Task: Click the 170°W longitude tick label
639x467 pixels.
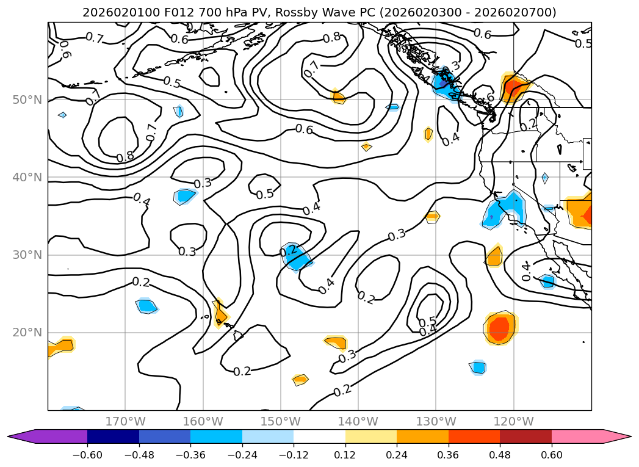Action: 125,421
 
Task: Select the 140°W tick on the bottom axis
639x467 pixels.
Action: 358,421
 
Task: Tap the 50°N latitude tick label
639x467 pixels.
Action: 26,100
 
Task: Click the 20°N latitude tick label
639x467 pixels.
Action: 26,333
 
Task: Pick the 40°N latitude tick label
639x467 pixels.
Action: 26,178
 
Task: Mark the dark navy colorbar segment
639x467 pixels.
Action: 113,436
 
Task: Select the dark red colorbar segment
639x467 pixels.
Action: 525,436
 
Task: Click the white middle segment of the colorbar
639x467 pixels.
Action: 319,436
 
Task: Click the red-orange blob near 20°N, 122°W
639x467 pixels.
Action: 500,327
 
